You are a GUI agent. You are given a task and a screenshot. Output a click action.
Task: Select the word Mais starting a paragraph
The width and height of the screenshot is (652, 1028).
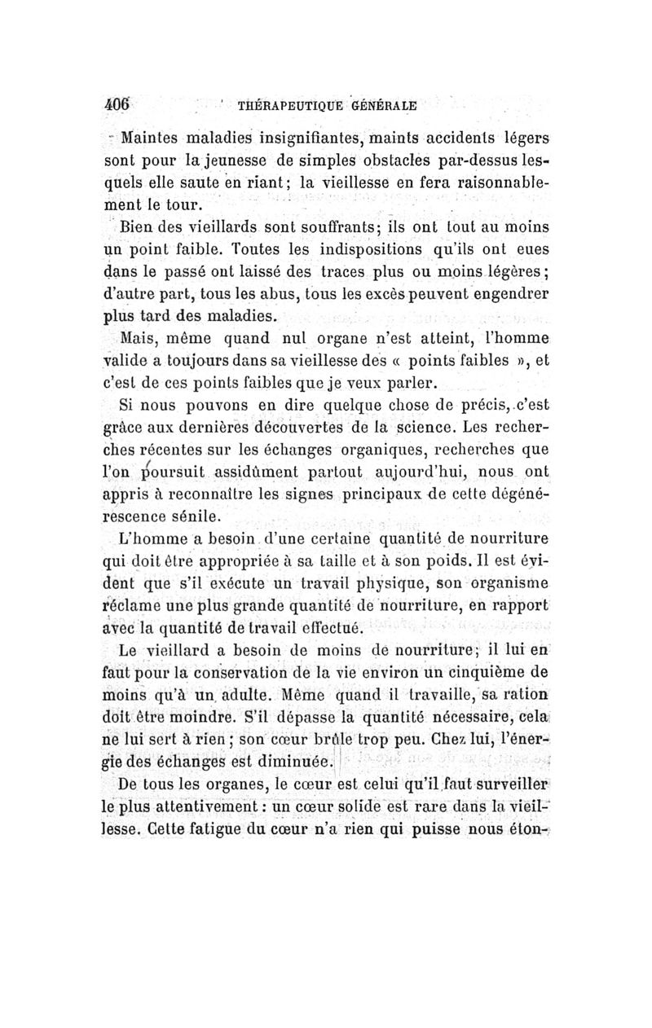tap(139, 336)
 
